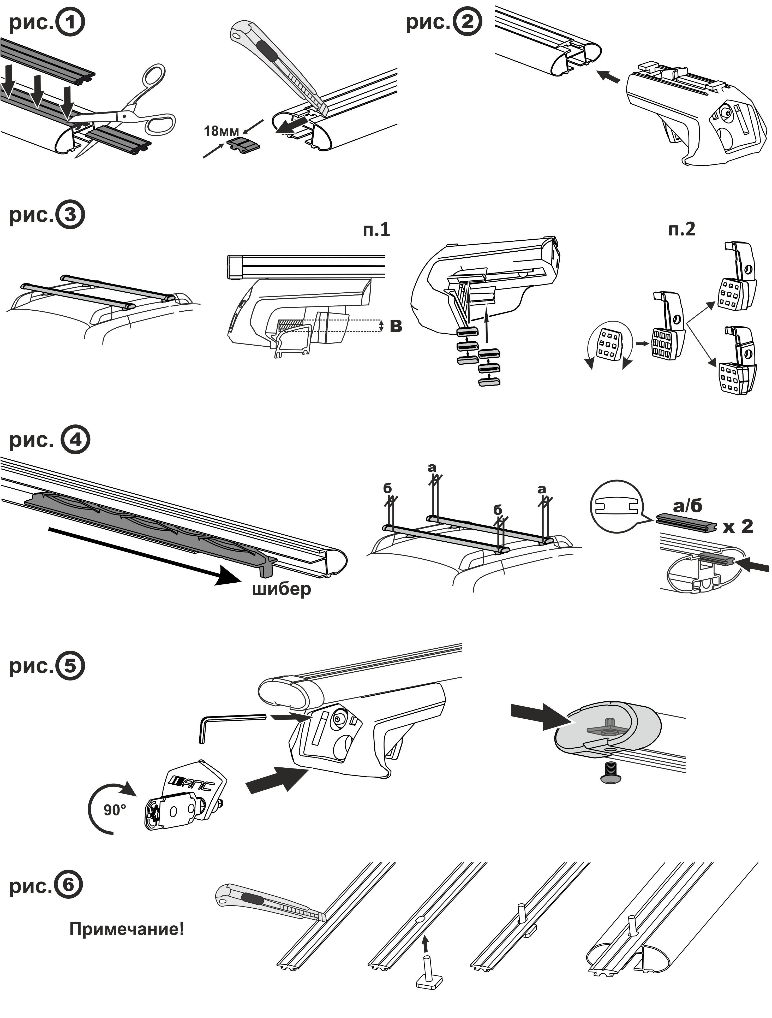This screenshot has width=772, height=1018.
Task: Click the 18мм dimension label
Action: point(221,131)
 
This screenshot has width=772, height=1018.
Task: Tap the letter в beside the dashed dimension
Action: point(396,326)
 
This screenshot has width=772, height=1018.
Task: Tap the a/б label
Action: point(688,506)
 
